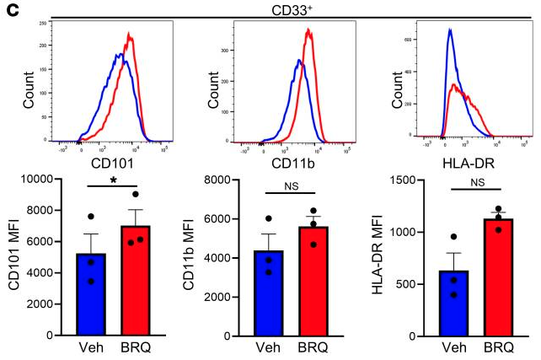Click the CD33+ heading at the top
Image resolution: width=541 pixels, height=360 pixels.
click(x=289, y=8)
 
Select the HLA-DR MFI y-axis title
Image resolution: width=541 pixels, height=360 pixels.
click(x=384, y=257)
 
